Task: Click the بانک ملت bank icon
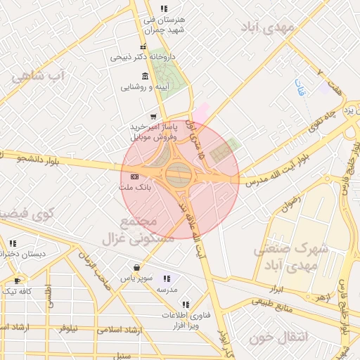(x=135, y=176)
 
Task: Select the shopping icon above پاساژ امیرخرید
(x=153, y=116)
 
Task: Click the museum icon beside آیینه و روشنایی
(x=145, y=77)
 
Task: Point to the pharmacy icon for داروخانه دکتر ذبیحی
(x=143, y=46)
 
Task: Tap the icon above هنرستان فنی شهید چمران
(x=164, y=9)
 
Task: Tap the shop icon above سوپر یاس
(x=136, y=268)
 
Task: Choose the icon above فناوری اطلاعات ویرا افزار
(x=186, y=304)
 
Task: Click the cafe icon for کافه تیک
(x=17, y=280)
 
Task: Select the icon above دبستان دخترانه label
(x=12, y=243)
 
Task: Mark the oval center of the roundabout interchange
(x=179, y=172)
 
